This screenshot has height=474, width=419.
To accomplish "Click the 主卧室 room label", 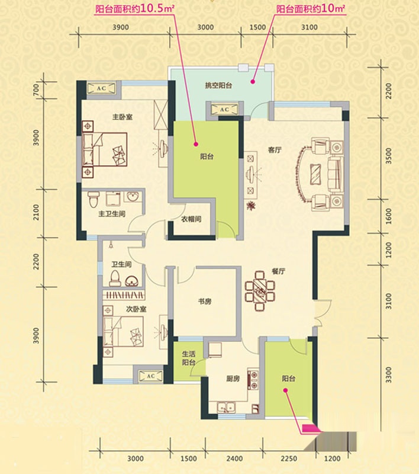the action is (x=123, y=117).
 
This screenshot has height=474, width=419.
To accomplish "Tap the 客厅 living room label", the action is (x=275, y=150).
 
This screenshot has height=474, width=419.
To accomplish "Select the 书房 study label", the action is (x=205, y=302).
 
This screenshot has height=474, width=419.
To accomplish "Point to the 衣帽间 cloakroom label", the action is (x=191, y=219).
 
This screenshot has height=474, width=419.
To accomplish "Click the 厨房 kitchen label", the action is (x=233, y=378).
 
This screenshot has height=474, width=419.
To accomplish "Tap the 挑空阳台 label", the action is (x=218, y=85).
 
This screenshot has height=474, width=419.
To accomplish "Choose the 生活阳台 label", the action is (x=189, y=358).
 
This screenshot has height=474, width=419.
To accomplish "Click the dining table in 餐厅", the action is (x=260, y=291).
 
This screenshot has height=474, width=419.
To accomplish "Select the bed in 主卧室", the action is (x=104, y=149).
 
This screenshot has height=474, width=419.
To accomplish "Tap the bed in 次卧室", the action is (x=123, y=331).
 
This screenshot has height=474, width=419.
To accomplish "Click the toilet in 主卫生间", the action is (x=94, y=198).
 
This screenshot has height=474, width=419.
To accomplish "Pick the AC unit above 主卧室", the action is (x=101, y=88).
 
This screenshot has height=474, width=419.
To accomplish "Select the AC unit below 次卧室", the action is (x=150, y=376).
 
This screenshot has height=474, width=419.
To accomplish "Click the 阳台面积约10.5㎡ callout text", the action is (x=135, y=9).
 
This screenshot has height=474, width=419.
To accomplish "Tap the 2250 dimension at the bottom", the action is (x=289, y=459).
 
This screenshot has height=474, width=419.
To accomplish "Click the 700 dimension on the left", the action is (x=36, y=90).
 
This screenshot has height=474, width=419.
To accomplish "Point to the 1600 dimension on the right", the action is (x=388, y=216).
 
